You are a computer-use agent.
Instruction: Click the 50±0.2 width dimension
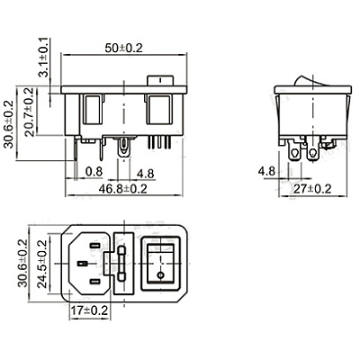[123, 49]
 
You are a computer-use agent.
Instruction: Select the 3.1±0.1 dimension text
[44, 58]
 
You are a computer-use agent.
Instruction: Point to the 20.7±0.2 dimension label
[30, 112]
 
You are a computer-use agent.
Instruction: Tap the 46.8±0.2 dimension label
[123, 189]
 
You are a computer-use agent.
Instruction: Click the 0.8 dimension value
[94, 172]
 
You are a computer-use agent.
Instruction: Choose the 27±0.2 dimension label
[312, 189]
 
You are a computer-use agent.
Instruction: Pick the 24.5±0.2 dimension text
[43, 264]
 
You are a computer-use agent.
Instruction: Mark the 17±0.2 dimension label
[89, 310]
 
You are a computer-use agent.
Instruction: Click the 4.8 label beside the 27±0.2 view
[266, 172]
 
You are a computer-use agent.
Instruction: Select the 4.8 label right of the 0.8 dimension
[146, 174]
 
